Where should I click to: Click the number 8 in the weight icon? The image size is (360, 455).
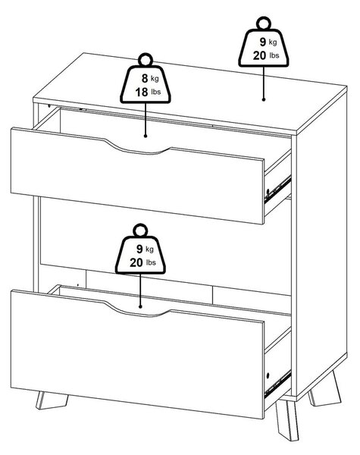pos(145,78)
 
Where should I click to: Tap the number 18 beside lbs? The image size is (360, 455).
pos(142,93)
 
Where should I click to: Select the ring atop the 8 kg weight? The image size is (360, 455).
pos(146,60)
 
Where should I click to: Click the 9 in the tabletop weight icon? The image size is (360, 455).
pos(262,42)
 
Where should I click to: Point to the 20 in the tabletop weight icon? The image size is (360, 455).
pos(259,55)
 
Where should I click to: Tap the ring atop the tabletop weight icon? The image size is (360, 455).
pos(264,24)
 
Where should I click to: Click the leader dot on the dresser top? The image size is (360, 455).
pos(264,99)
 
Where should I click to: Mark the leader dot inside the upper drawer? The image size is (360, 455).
pos(146,136)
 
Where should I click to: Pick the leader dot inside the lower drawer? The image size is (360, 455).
pos(140,306)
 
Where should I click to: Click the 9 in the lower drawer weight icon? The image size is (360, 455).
pos(139,249)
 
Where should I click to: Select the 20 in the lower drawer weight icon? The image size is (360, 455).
pos(136,262)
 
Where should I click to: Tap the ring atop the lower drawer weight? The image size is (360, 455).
pos(140,231)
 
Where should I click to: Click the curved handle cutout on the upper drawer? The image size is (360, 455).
pos(136,149)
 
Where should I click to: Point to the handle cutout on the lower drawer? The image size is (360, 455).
pos(136,311)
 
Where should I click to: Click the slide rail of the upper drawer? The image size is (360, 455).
pos(277,190)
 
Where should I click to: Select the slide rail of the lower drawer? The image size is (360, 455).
pos(277,384)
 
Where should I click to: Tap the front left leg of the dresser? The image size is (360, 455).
pos(52,400)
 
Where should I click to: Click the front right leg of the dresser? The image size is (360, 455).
pos(287,420)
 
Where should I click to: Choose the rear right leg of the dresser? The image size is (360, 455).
pos(324,388)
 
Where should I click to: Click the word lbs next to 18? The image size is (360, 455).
pos(156,92)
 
